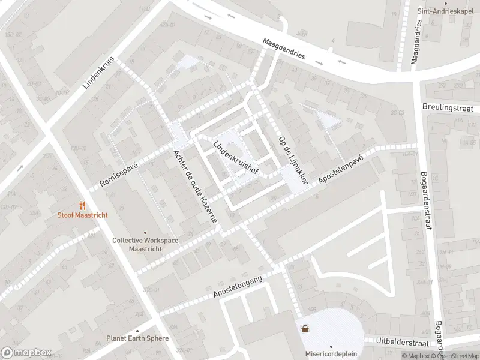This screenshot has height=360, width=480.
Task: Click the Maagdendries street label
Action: pos(284,49)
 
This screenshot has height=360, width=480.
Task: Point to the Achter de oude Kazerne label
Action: pos(194,186)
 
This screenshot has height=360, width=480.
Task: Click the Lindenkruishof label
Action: pos(235,158)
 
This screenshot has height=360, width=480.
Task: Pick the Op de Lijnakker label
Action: pos(293,160)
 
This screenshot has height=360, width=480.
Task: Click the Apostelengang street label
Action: pos(238,284)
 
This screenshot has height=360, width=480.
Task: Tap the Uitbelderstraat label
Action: pos(401,342)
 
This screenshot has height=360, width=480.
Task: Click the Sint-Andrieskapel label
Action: pos(443,11)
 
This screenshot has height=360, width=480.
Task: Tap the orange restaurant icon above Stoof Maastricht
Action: pos(82,205)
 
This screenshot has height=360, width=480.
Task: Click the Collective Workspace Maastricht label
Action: pos(145,244)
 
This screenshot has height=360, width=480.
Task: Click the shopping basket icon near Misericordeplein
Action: pos(306,328)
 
